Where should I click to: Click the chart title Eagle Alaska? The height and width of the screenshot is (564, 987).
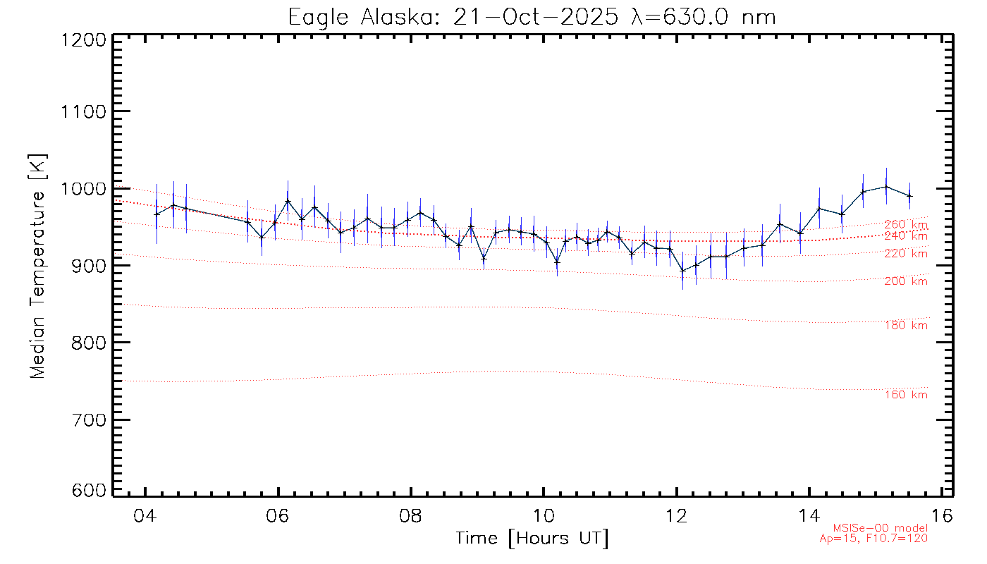(x=532, y=16)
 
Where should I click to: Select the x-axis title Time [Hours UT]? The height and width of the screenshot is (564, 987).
(x=532, y=539)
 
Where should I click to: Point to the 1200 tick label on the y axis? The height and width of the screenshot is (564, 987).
(x=84, y=41)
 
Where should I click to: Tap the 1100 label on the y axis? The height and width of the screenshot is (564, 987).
(x=84, y=111)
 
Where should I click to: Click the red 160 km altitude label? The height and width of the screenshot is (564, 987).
(x=906, y=395)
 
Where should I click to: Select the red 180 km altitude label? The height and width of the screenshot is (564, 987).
(x=906, y=325)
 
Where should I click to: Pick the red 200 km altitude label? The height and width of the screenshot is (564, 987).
(x=906, y=281)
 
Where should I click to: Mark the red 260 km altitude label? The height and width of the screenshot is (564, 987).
(x=906, y=224)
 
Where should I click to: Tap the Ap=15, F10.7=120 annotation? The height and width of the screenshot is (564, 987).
(x=873, y=539)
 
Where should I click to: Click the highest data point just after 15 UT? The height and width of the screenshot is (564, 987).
(x=886, y=186)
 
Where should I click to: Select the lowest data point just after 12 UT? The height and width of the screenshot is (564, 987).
(x=682, y=270)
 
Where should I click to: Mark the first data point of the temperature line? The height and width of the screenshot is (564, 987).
(x=157, y=214)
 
